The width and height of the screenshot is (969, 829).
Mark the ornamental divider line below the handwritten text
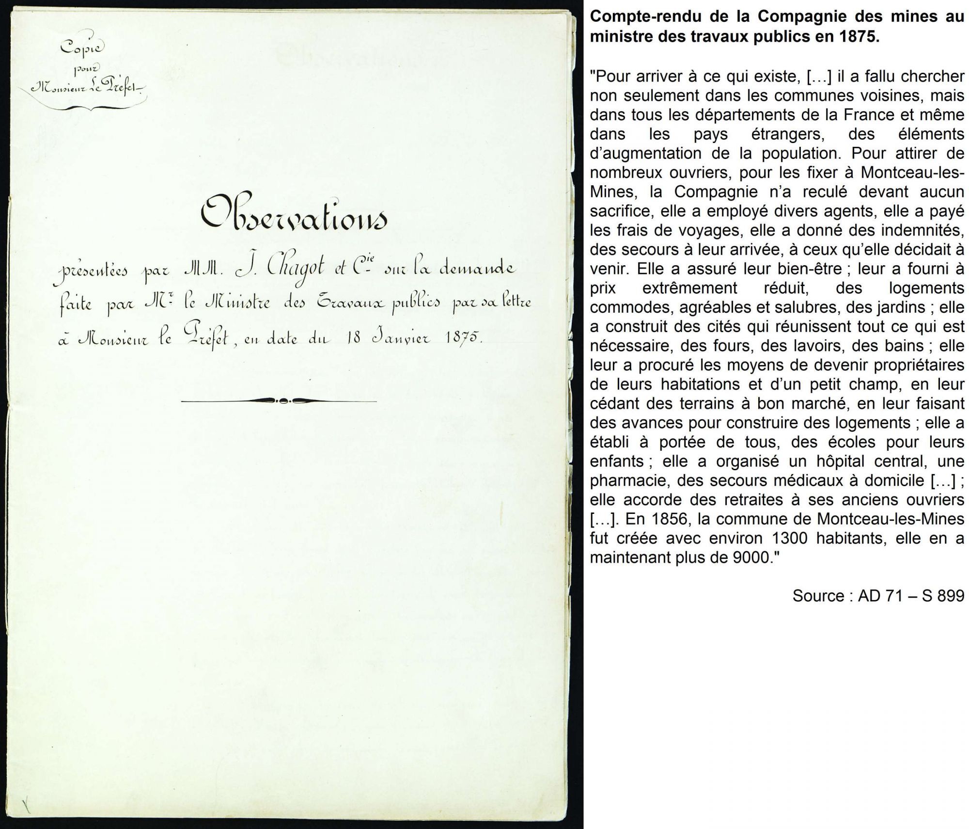(279, 401)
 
